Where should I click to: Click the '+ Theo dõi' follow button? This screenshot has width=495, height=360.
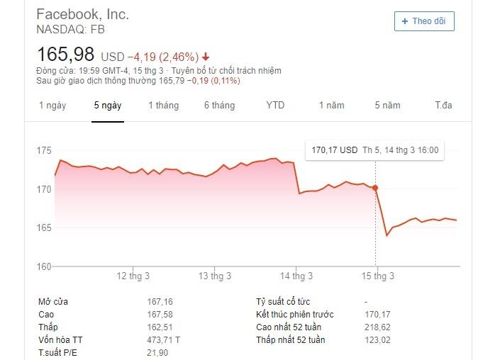point(424,21)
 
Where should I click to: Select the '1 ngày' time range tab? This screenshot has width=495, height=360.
point(52,106)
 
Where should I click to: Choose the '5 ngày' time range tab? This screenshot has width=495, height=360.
point(108,106)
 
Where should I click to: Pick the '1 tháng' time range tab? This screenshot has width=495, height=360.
point(163,106)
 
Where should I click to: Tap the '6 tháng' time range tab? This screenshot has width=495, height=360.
point(219,106)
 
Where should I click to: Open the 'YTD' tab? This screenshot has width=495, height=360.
point(275,106)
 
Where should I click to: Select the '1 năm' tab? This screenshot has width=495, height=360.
point(331,106)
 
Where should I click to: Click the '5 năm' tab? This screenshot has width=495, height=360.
point(388,106)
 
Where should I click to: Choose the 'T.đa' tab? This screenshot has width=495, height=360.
point(443,106)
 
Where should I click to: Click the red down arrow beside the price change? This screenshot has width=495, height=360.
point(206,57)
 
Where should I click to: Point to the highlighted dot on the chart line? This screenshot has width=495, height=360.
point(375,188)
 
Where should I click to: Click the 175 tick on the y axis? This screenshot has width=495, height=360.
point(44,151)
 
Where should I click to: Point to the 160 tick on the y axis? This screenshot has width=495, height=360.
point(44,266)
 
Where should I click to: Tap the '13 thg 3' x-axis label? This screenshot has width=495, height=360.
point(215,276)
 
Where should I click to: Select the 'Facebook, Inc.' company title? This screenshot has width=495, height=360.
point(82,14)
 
